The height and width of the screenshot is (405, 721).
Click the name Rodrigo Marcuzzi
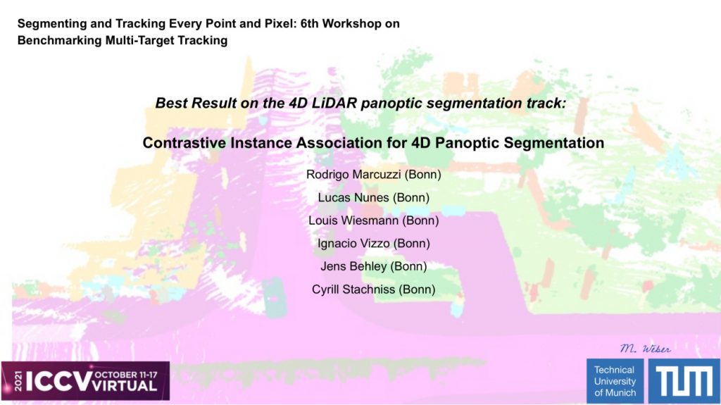[x=353, y=175]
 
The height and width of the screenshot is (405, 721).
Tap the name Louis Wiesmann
[x=353, y=220]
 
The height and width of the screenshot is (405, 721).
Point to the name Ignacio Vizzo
[x=353, y=244]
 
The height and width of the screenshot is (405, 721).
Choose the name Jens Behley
[x=353, y=266]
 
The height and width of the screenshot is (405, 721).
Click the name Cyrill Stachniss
[x=353, y=289]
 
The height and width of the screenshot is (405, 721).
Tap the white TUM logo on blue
[x=683, y=381]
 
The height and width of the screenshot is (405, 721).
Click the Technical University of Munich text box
[x=615, y=381]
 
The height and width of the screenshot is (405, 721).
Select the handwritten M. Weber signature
[x=645, y=349]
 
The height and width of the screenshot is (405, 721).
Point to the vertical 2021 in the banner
[x=18, y=381]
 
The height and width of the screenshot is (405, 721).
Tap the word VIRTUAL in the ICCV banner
[x=125, y=386]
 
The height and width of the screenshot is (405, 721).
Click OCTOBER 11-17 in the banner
[x=125, y=375]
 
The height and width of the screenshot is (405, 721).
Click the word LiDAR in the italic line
[x=334, y=103]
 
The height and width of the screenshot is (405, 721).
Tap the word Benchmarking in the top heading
[x=59, y=41]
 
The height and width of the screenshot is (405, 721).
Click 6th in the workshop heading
[x=310, y=23]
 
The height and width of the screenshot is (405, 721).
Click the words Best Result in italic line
[x=196, y=103]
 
